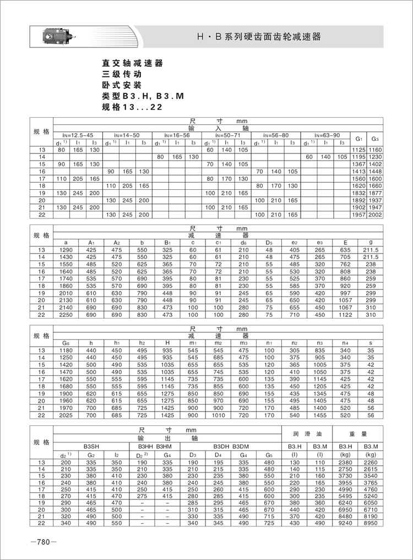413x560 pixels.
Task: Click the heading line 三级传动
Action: point(122,74)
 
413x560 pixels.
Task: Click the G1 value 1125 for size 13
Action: point(359,150)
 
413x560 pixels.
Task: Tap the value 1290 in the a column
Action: point(66,250)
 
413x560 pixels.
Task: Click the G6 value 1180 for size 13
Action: point(66,350)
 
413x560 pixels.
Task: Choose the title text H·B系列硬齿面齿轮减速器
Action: point(259,37)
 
